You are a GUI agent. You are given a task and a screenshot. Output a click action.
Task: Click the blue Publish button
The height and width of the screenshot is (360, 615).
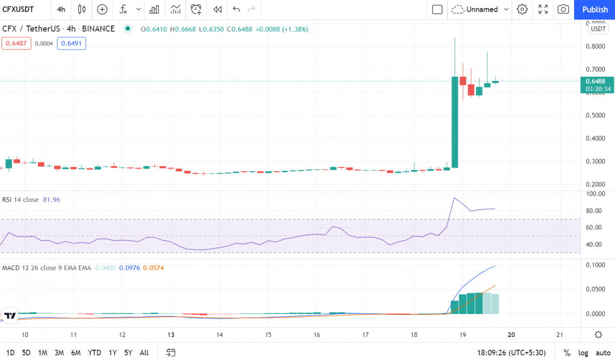click(594, 10)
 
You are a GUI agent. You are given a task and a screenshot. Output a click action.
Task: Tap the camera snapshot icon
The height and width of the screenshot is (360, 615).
click(563, 9)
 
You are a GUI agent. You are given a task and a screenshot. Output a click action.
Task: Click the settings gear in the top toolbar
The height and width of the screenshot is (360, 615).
click(522, 9)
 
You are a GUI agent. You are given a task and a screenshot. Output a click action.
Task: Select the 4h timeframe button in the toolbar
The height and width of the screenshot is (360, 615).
click(61, 10)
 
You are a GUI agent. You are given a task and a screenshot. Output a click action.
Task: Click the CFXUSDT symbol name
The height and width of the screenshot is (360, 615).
click(18, 10)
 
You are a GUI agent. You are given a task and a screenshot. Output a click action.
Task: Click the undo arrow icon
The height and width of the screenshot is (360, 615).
click(236, 9)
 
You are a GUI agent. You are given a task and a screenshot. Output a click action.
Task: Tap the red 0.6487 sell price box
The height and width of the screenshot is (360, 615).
click(16, 44)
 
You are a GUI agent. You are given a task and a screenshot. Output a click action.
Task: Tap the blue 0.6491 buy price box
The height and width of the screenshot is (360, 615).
click(71, 44)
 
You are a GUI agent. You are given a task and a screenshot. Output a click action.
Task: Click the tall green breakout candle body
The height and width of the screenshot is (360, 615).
click(455, 122)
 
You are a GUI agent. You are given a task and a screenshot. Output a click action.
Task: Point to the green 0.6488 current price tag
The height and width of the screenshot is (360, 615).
click(597, 85)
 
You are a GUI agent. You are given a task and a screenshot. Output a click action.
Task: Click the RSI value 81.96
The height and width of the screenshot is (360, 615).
click(51, 200)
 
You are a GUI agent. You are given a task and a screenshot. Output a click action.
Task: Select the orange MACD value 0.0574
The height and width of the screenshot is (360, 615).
click(153, 268)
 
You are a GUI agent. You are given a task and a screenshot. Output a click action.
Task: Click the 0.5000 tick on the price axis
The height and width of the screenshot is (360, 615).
click(595, 115)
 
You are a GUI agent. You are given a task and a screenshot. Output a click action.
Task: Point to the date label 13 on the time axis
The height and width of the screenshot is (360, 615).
click(171, 335)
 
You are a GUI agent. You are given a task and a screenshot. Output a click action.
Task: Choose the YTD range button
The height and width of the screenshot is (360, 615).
click(94, 353)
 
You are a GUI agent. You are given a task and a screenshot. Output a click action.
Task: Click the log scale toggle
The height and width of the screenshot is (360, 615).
click(583, 353)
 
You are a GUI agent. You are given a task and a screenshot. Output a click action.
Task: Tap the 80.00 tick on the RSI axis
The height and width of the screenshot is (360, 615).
click(594, 211)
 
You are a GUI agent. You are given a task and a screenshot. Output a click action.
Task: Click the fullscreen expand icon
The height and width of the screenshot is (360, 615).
click(543, 9)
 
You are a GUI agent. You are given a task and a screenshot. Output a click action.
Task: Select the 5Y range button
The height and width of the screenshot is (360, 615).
click(128, 353)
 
